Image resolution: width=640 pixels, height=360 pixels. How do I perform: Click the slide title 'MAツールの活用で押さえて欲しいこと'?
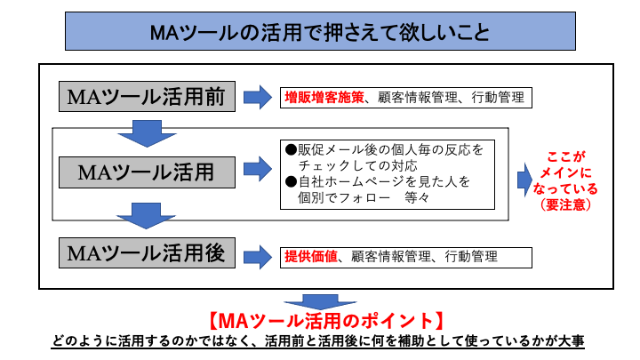pos(319,33)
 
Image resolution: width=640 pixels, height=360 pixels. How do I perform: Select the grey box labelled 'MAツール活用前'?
pos(148,96)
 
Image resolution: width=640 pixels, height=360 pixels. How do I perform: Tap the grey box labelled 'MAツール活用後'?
pos(148,254)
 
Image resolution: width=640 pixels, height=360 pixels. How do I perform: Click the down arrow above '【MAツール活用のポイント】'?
pos(319,303)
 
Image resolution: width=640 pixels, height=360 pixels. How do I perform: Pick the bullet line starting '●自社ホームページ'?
pos(378,181)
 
